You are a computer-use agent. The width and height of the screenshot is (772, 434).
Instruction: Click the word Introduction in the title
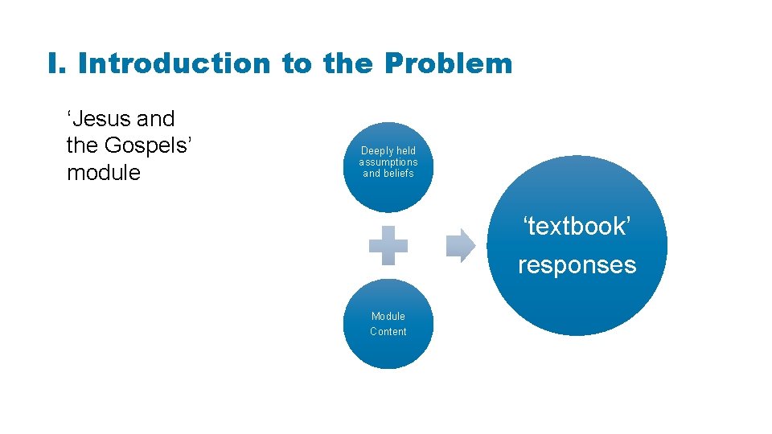[x=175, y=63]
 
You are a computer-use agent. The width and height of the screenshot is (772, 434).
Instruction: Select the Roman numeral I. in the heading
[x=57, y=63]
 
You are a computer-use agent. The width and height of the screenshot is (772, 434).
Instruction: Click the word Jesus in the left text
[x=101, y=119]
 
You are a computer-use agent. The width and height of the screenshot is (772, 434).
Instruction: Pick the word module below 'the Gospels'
[x=104, y=173]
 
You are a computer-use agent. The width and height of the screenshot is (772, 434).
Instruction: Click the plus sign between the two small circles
[x=388, y=246]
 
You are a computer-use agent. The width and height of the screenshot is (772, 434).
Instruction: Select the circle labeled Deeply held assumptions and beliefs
[x=388, y=167]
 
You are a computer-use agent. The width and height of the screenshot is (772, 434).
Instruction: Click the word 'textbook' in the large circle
[x=577, y=227]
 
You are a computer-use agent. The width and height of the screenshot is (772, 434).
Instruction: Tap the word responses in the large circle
[x=577, y=265]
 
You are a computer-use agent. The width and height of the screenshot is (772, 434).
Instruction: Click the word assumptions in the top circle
[x=388, y=162]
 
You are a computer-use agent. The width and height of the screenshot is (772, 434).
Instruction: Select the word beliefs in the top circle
[x=400, y=174]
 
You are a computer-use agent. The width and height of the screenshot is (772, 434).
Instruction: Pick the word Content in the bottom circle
[x=388, y=332]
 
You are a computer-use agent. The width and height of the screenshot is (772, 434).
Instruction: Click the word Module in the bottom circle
[x=388, y=317]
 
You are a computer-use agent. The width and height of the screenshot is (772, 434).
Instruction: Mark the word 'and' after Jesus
[x=156, y=119]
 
